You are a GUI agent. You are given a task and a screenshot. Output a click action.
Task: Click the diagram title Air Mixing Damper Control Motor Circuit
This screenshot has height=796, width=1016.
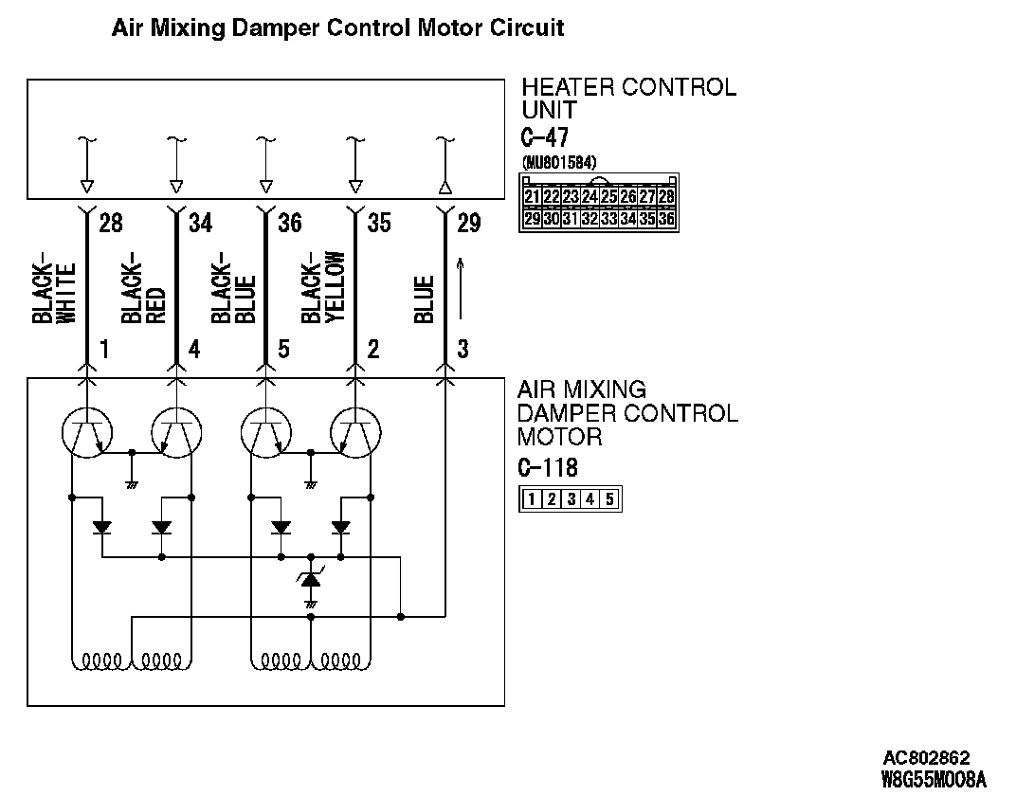337,28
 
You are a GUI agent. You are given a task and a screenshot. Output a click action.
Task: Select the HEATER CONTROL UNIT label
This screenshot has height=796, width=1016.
628,99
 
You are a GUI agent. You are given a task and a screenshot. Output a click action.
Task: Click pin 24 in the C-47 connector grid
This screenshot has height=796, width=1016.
590,197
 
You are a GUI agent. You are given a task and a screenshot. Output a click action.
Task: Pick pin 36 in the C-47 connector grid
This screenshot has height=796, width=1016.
666,218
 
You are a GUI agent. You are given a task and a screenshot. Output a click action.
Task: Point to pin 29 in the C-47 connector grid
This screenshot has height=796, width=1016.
532,218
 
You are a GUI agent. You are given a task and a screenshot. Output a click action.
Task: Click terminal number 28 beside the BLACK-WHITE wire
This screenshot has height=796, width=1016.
110,224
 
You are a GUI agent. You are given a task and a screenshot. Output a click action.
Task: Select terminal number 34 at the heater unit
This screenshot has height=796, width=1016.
200,224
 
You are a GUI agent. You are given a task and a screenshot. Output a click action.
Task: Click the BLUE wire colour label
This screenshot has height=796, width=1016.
424,298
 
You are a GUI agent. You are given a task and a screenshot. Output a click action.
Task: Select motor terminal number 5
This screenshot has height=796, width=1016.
283,350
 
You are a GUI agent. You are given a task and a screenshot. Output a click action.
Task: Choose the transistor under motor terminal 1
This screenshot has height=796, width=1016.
87,434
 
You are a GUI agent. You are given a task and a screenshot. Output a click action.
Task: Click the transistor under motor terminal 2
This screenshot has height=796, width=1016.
356,434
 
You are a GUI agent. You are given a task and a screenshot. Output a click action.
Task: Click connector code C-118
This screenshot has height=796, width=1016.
547,468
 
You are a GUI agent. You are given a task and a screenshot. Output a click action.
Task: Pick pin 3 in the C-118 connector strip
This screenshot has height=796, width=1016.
571,499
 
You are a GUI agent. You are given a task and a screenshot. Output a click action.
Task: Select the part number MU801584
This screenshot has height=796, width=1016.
559,162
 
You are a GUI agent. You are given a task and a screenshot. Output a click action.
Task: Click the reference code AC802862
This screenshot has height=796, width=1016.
926,758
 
